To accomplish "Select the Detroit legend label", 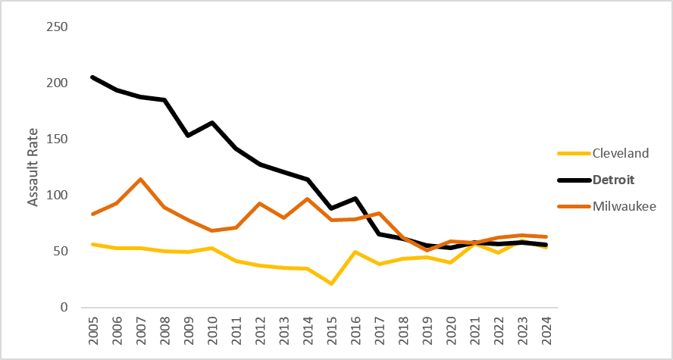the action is click(613, 180).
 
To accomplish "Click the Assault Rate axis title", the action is click(33, 167).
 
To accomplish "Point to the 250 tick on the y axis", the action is click(57, 27).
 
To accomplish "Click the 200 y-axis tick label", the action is click(57, 83).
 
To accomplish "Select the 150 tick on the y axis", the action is click(57, 139).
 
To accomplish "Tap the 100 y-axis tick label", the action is click(57, 196).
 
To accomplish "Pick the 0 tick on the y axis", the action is click(64, 308).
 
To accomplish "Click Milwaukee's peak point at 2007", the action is click(140, 180).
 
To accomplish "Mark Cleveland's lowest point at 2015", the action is click(331, 283).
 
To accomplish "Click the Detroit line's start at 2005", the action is click(93, 77).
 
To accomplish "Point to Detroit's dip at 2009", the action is click(188, 136).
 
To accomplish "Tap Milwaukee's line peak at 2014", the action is click(307, 199).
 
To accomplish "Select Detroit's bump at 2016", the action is click(355, 199).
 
